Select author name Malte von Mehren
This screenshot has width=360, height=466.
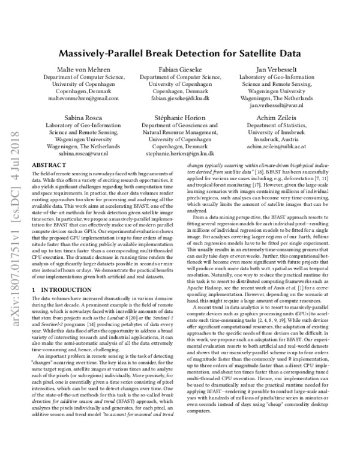tap(84, 70)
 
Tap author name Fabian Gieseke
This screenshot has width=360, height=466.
tap(181, 70)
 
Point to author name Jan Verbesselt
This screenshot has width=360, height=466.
tap(277, 70)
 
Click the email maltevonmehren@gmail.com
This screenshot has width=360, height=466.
tap(84, 98)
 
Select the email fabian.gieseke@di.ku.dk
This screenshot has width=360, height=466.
tap(181, 98)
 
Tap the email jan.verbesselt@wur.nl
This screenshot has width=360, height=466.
tap(277, 105)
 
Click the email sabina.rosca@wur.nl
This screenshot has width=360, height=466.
tap(84, 153)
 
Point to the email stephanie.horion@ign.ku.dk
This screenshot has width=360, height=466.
tap(181, 153)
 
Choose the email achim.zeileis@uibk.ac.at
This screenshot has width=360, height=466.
tap(277, 145)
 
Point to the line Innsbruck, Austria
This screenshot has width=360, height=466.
tap(277, 138)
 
